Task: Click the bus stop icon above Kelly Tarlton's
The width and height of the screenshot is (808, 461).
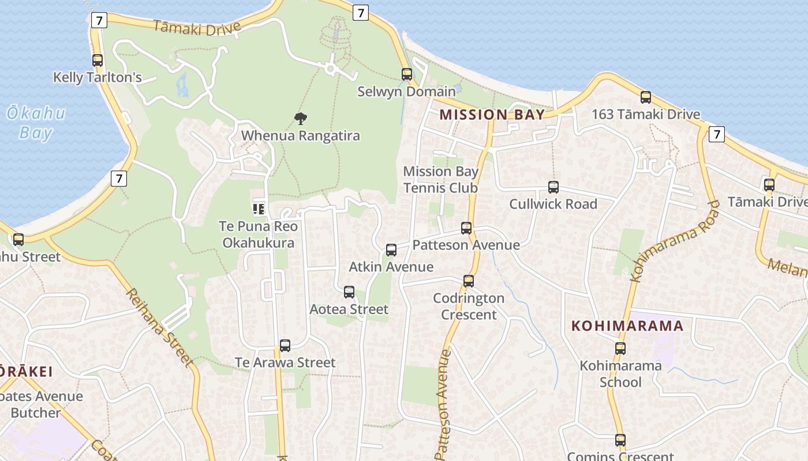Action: tap(98, 60)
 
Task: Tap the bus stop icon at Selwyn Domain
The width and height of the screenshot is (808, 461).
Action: tap(407, 74)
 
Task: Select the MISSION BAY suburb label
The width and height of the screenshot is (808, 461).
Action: tap(492, 114)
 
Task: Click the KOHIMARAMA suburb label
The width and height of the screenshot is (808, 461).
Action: tap(627, 326)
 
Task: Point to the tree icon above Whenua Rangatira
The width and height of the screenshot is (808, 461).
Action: tap(300, 119)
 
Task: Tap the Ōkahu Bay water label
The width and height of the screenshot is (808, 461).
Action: tap(36, 123)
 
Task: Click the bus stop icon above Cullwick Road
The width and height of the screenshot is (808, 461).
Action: tap(553, 187)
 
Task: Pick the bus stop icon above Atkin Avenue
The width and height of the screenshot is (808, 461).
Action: tap(391, 250)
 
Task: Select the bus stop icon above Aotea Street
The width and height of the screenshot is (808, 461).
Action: tap(349, 292)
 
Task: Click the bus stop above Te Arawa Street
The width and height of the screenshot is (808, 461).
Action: tap(285, 345)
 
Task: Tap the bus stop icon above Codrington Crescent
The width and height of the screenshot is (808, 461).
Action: tap(469, 281)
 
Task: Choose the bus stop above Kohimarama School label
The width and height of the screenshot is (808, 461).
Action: tap(620, 348)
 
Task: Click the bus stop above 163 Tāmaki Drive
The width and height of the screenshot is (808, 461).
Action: tap(646, 97)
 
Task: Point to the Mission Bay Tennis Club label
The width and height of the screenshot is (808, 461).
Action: tap(440, 179)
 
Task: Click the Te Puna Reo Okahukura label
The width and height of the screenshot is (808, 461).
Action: tap(258, 234)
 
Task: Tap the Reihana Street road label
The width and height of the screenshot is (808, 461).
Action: tap(159, 327)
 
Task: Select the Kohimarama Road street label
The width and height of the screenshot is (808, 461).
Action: tap(675, 240)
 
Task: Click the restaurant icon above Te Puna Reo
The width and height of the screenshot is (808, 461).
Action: tap(258, 209)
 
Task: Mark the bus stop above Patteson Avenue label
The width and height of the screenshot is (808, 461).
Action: tap(466, 228)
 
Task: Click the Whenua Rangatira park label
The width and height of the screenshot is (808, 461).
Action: tap(300, 136)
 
